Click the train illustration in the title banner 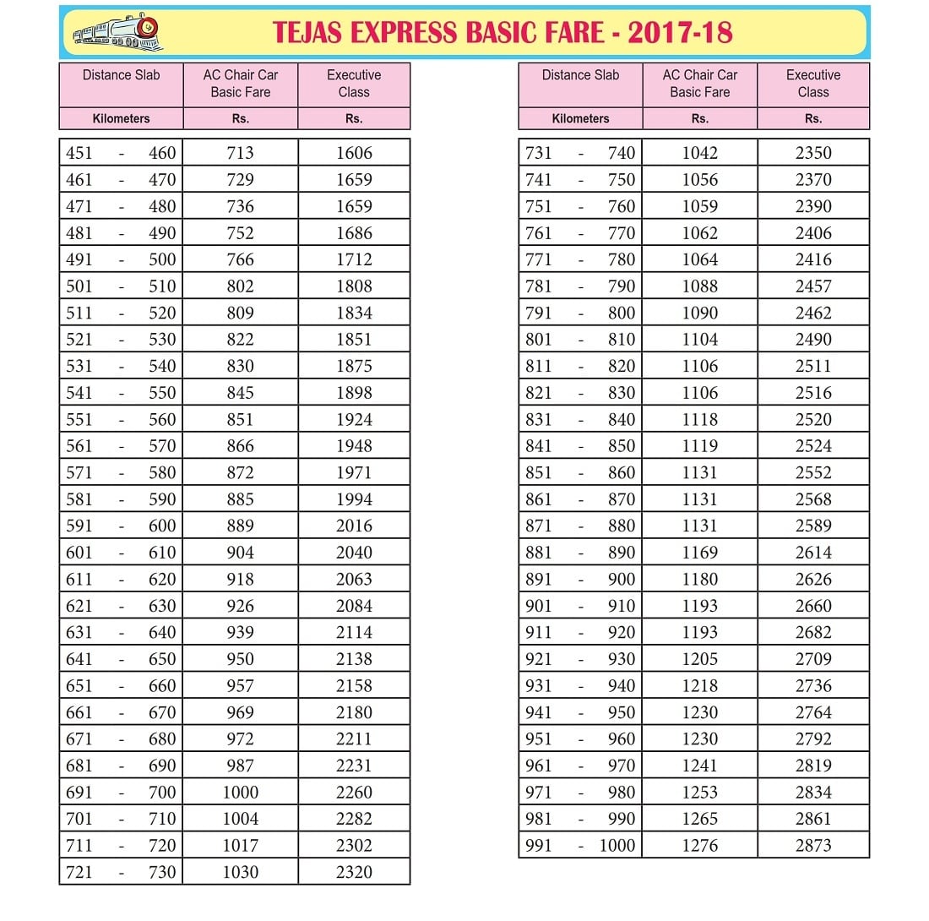tap(117, 33)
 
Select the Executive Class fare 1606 tap(354, 153)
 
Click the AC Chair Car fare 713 tap(241, 153)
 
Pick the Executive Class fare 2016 tap(354, 526)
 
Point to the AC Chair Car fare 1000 tap(241, 792)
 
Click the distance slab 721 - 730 tap(121, 872)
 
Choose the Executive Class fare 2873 tap(813, 845)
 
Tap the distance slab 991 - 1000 tap(580, 845)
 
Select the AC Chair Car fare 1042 tap(700, 153)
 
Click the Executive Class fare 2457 tap(813, 286)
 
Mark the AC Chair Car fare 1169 tap(700, 553)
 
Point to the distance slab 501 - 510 tap(121, 286)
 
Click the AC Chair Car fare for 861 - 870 tap(700, 499)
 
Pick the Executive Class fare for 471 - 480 tap(354, 206)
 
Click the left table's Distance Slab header tap(121, 75)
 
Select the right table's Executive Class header tap(813, 84)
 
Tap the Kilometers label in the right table tap(580, 119)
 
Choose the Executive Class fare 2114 tap(354, 632)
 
